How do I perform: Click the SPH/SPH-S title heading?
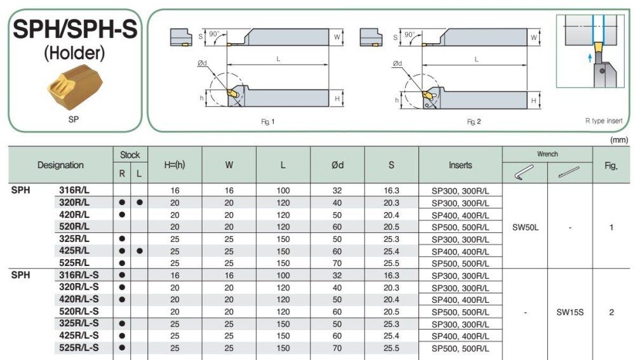tap(75, 29)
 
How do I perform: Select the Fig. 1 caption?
tap(268, 121)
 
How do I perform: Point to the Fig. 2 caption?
tap(474, 121)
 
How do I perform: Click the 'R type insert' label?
tap(603, 121)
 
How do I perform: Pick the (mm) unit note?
tap(618, 139)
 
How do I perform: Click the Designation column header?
tap(60, 165)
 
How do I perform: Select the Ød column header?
tap(337, 165)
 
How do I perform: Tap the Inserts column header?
tap(460, 165)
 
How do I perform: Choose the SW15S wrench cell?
tap(570, 312)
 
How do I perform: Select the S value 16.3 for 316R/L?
tap(391, 190)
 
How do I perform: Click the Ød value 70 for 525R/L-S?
tap(337, 348)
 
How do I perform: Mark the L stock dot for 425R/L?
tap(139, 251)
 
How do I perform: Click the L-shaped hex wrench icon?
tap(525, 173)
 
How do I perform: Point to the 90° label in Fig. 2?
tap(410, 35)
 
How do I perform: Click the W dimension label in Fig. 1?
tap(336, 37)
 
